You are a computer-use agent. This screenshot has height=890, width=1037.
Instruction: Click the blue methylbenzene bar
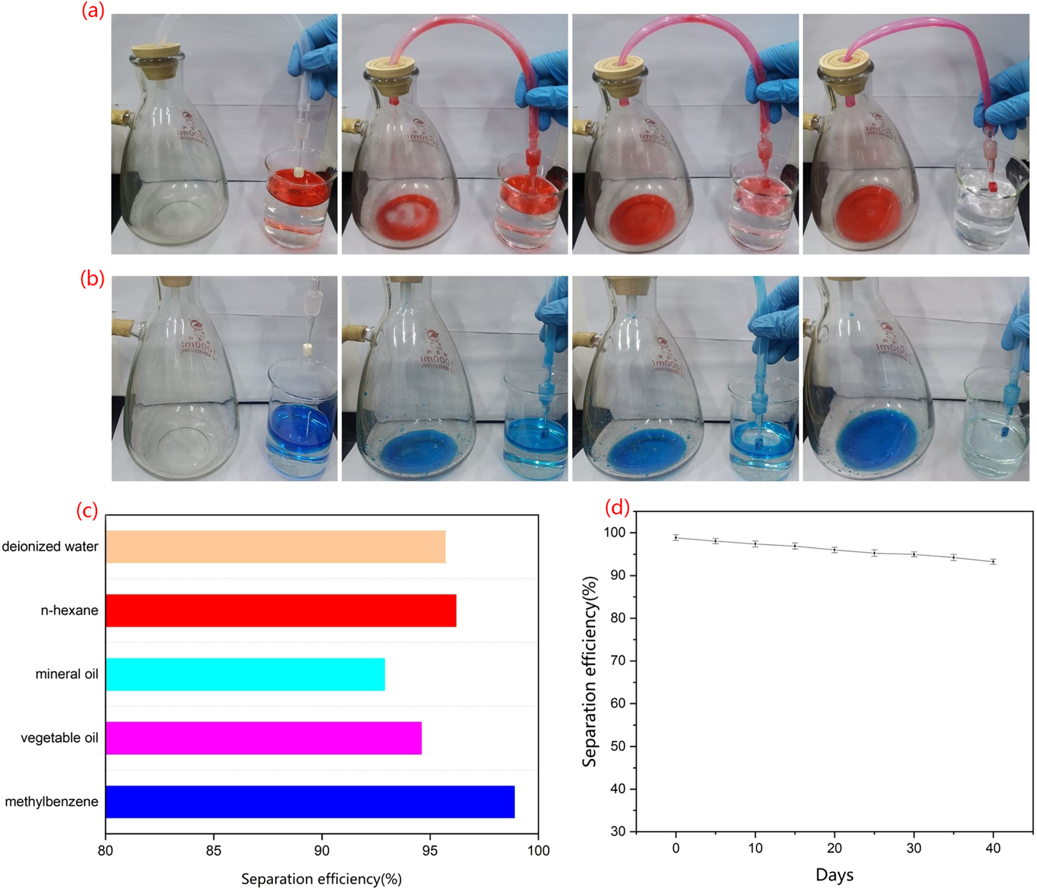[x=310, y=801]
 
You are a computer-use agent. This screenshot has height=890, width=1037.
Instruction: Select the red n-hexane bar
[x=280, y=610]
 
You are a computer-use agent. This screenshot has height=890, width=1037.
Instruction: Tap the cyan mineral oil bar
[x=245, y=674]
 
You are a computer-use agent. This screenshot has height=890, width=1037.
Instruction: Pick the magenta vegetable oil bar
[x=263, y=738]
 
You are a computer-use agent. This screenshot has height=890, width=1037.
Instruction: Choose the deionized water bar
[x=276, y=546]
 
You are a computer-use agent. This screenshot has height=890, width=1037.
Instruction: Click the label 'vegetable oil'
[x=59, y=738]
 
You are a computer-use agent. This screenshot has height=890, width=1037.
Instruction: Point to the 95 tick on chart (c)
[x=430, y=850]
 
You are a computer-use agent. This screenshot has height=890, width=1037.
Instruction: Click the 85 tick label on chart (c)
[x=213, y=850]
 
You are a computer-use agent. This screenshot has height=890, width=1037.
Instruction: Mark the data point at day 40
[x=993, y=561]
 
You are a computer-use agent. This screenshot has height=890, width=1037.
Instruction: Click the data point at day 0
[x=676, y=537]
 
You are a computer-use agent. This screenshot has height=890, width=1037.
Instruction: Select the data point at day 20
[x=834, y=549]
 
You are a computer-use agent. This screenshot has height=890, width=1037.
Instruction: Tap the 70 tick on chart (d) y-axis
[x=618, y=661]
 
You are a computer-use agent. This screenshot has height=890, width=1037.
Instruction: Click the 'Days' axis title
[x=834, y=874]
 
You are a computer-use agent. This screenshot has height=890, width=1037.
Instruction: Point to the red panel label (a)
[x=93, y=11]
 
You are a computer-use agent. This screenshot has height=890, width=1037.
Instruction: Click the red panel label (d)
[x=617, y=508]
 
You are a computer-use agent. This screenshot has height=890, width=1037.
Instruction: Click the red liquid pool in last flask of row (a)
[x=868, y=214]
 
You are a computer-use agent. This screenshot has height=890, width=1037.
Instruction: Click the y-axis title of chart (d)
[x=590, y=671]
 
